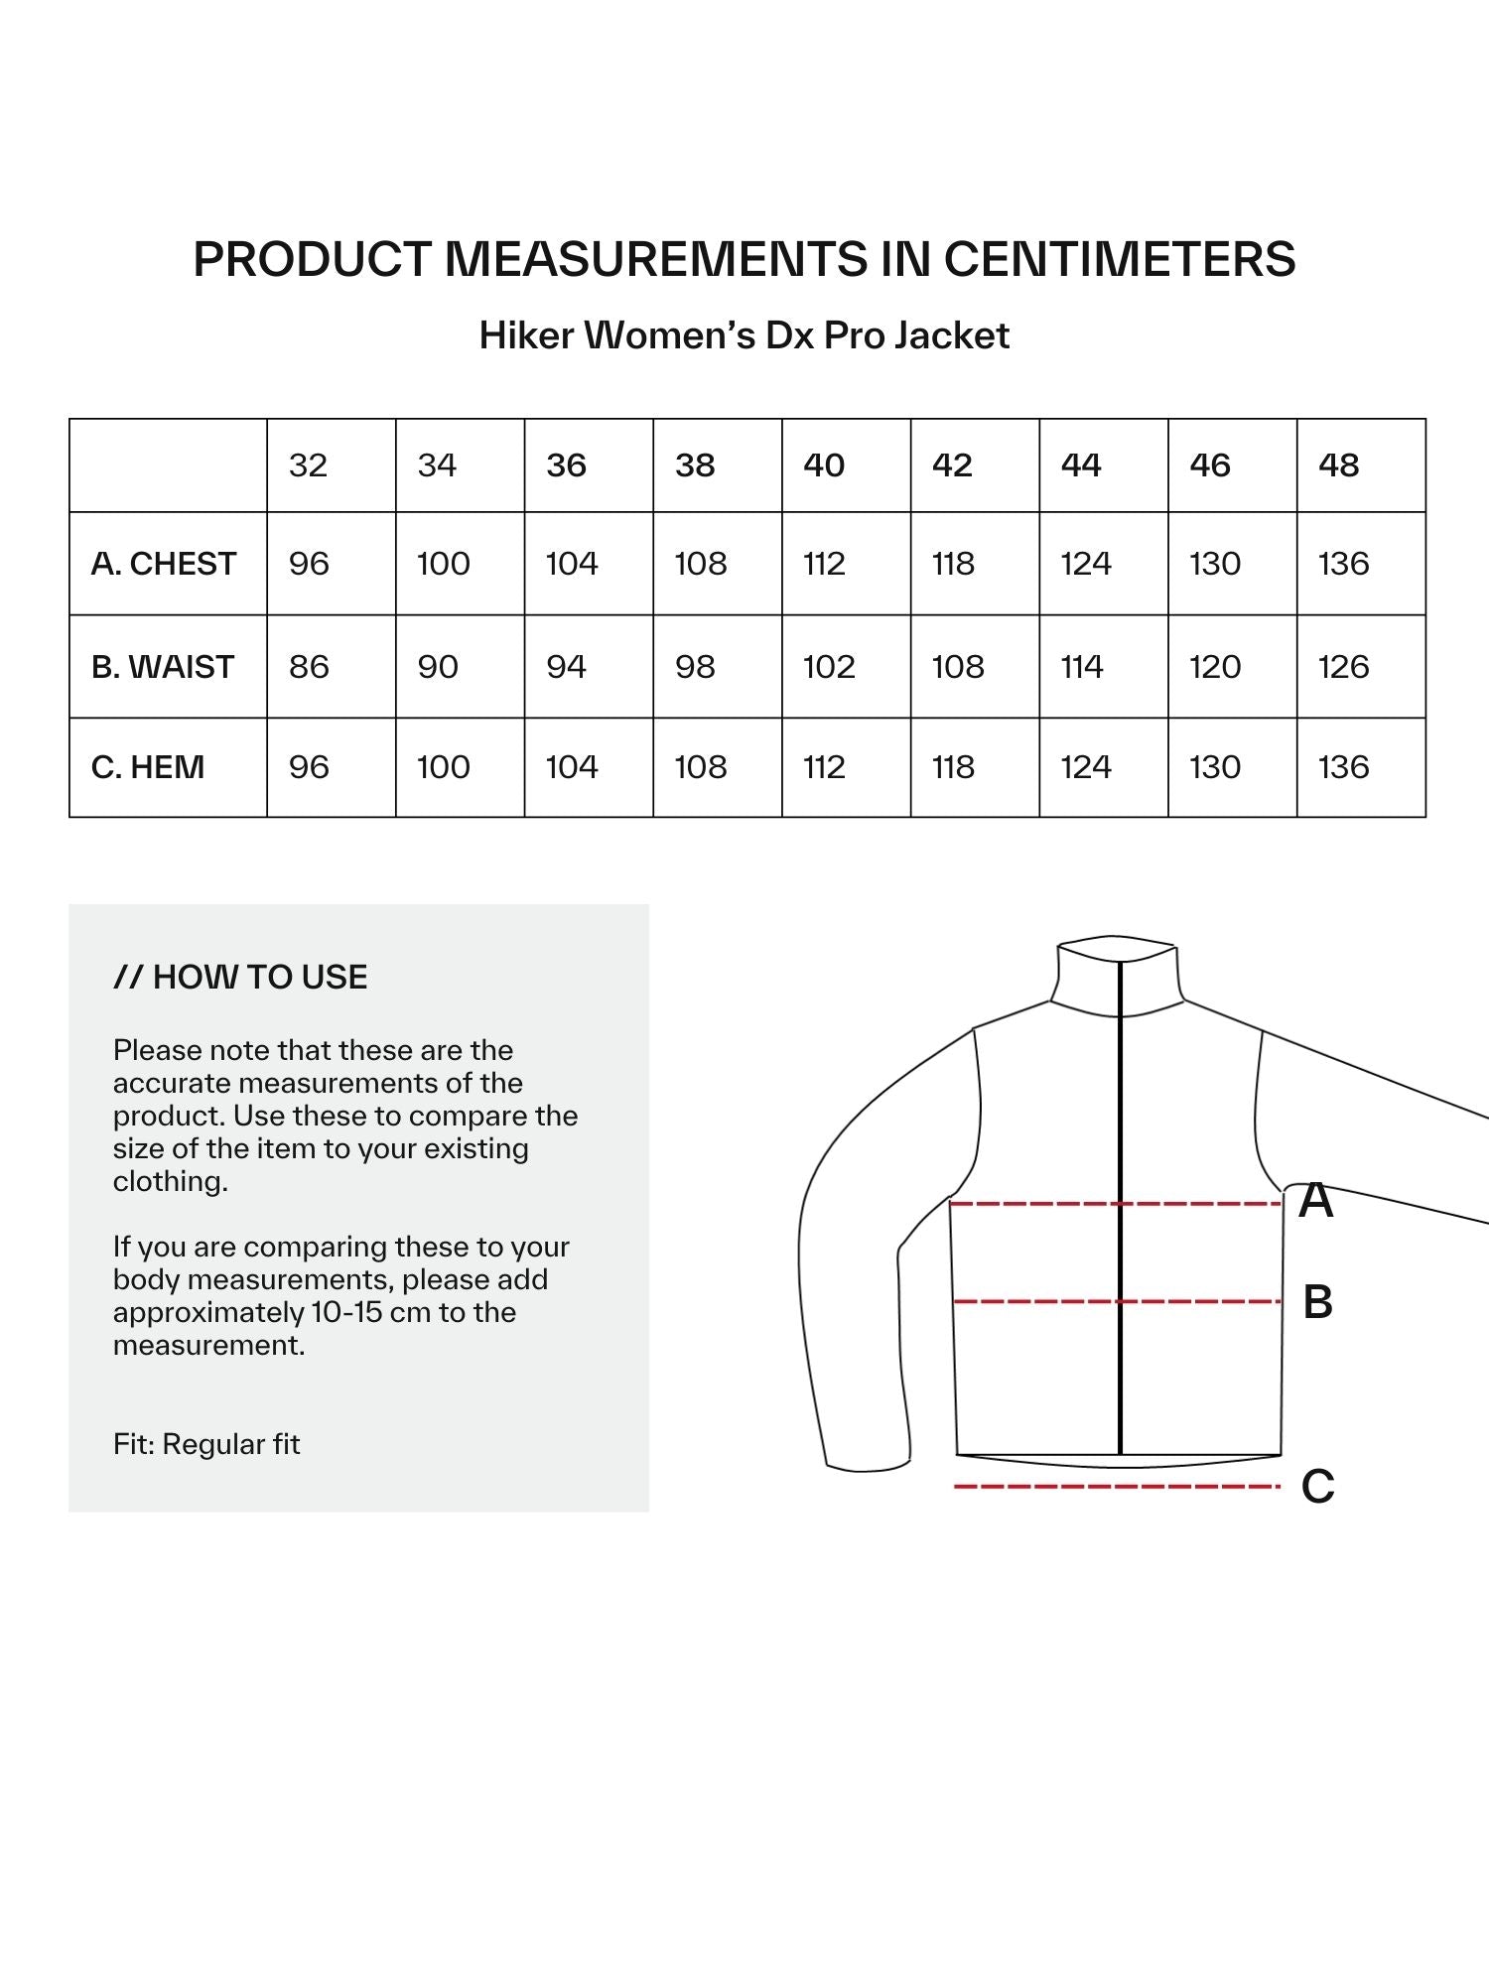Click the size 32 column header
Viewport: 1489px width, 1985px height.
(308, 465)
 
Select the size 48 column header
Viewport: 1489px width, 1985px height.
(1338, 465)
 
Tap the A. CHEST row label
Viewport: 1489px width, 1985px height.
(164, 564)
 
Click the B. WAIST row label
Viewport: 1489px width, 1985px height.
(163, 667)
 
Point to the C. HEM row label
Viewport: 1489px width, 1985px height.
(148, 767)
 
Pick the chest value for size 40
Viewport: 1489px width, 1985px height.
(824, 564)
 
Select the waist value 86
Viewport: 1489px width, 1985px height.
(309, 667)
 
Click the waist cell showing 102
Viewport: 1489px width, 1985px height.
(829, 667)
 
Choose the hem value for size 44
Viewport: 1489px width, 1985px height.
(1086, 767)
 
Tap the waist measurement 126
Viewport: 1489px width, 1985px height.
(1343, 667)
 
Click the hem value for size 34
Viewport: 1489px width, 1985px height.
(443, 767)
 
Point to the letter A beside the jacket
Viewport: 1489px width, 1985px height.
(1316, 1201)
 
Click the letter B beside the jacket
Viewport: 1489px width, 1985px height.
(1317, 1302)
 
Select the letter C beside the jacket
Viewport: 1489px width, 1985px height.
(1317, 1487)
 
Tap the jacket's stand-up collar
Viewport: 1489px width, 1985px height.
(1117, 978)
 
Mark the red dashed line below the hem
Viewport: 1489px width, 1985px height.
(1117, 1487)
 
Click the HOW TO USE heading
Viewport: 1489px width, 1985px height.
(240, 978)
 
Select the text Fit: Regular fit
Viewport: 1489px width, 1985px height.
(206, 1444)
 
